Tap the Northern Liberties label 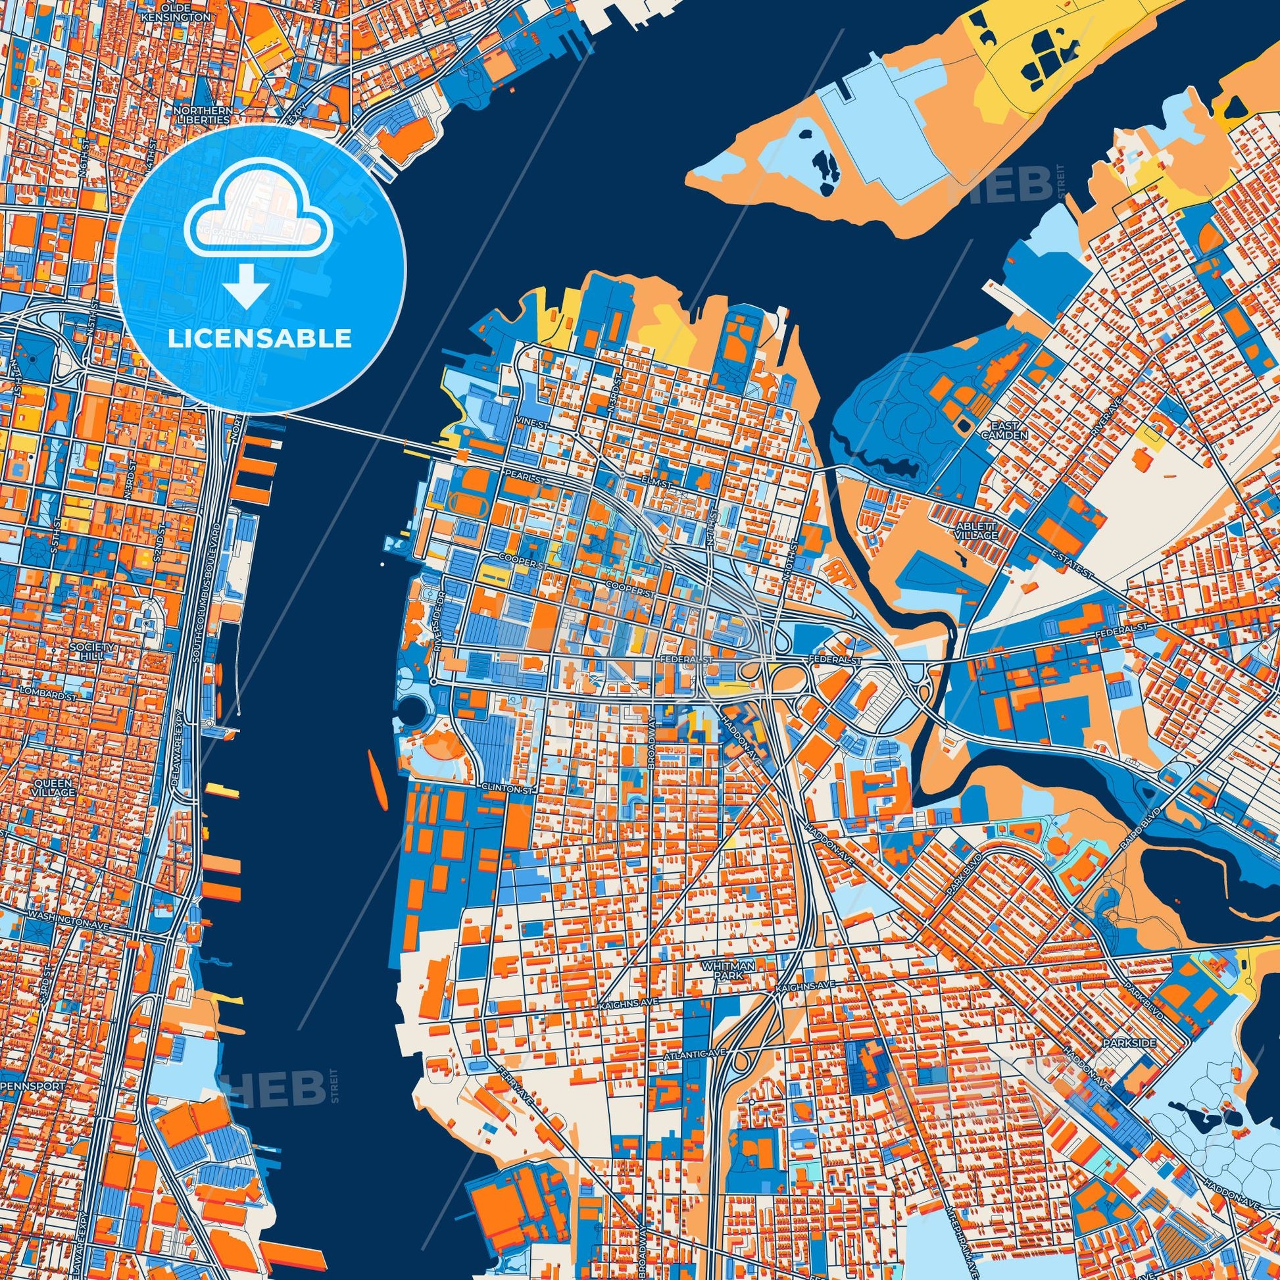pos(204,115)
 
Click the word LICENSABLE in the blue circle pos(259,339)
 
